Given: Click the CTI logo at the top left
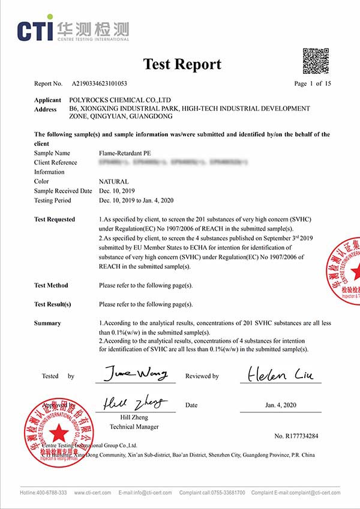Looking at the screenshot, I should pyautogui.click(x=72, y=30).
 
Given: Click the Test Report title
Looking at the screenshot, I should pyautogui.click(x=182, y=64).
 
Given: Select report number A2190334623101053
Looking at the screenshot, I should pyautogui.click(x=100, y=84).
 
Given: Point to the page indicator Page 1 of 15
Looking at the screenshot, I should pyautogui.click(x=313, y=84).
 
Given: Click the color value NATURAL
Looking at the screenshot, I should pyautogui.click(x=113, y=181).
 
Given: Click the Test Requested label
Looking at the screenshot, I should pyautogui.click(x=55, y=220).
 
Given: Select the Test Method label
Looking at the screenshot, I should pyautogui.click(x=51, y=286).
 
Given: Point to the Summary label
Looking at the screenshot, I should pyautogui.click(x=47, y=324).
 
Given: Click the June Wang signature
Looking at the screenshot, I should pyautogui.click(x=136, y=375).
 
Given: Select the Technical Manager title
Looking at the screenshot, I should pyautogui.click(x=134, y=427).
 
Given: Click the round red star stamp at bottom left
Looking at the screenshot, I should pyautogui.click(x=58, y=432).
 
